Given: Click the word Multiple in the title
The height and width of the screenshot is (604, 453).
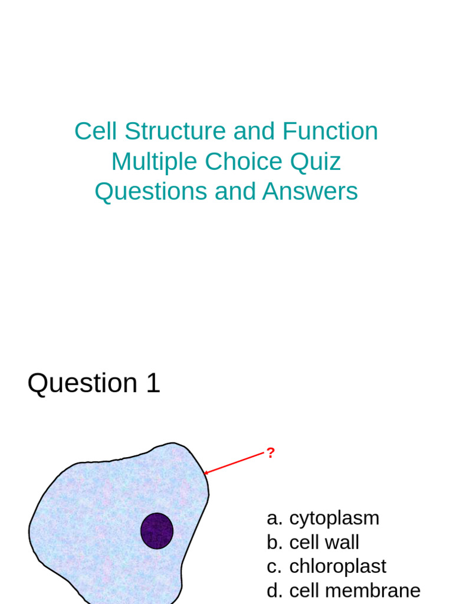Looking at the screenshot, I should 154,162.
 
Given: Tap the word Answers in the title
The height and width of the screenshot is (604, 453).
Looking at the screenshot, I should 310,192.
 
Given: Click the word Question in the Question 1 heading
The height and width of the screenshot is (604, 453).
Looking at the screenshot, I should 83,383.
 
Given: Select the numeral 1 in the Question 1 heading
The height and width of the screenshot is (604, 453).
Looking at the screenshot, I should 153,383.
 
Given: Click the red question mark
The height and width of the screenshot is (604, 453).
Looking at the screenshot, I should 270,453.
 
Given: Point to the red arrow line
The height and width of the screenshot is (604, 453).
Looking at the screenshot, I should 235,463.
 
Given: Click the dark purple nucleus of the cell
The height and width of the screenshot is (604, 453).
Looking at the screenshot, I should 157,531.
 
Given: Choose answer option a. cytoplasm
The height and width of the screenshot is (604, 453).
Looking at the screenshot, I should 323,518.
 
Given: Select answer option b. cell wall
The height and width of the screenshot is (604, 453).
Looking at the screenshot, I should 313,543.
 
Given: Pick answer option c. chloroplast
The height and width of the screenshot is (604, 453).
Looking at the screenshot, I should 326,566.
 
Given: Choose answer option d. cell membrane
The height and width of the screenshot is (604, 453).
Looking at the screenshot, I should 343,590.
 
